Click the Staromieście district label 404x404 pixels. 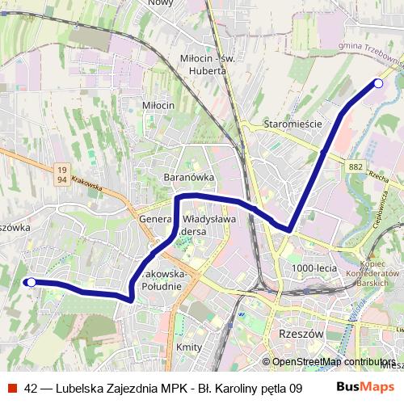click(x=292, y=124)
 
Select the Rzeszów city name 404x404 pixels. click(x=300, y=333)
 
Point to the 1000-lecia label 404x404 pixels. click(x=314, y=267)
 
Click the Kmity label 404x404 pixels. click(x=188, y=346)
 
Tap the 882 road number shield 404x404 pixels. click(x=356, y=166)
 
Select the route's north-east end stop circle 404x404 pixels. click(x=378, y=83)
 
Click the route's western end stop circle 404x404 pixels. click(x=31, y=282)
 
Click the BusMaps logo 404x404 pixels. click(x=364, y=388)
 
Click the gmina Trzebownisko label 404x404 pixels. click(x=371, y=53)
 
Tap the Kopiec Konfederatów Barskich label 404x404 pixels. click(x=371, y=273)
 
